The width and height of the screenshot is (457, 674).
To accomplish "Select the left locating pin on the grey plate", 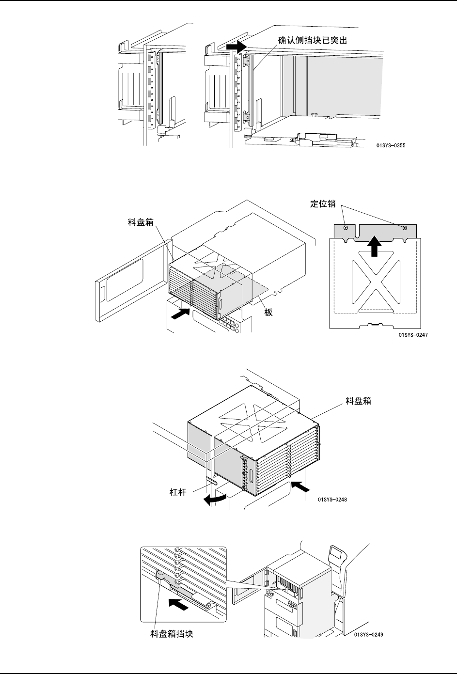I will (345, 228).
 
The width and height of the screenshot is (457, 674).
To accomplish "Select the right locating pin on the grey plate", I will (404, 228).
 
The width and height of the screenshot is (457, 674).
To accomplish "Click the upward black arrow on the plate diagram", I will (374, 245).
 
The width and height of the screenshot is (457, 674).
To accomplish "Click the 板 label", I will (268, 313).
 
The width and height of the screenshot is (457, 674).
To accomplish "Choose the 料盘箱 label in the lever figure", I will (358, 401).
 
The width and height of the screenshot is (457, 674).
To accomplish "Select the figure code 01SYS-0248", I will (333, 500).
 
